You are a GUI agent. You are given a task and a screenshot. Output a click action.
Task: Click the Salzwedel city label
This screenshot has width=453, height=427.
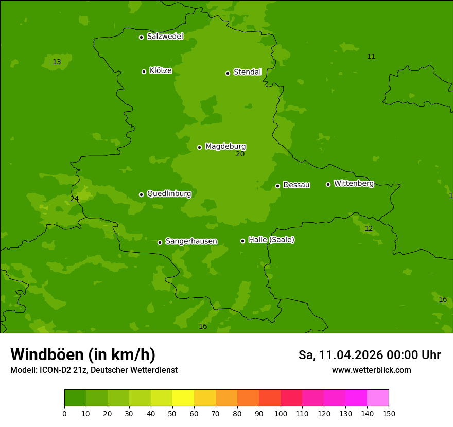point(165,37)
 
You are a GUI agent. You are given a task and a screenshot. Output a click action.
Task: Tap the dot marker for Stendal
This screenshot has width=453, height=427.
point(228,73)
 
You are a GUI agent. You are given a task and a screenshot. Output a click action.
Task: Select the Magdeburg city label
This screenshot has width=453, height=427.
point(225,147)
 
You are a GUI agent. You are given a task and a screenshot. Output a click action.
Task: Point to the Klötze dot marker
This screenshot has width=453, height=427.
point(144,72)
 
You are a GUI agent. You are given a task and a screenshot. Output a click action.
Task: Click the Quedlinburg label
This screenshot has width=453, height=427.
point(169,194)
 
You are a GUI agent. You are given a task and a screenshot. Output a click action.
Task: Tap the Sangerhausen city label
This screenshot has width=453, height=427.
point(191,241)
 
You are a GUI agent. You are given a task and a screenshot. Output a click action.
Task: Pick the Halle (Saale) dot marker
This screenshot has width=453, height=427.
point(242,241)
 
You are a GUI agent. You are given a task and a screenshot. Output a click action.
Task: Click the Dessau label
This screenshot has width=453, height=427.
point(297,185)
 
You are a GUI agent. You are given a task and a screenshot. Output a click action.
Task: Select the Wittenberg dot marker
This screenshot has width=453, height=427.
point(328,184)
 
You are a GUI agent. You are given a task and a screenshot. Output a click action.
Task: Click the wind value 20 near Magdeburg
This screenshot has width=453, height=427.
point(240,154)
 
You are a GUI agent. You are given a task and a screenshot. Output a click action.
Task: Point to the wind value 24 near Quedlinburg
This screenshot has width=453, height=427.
point(75,199)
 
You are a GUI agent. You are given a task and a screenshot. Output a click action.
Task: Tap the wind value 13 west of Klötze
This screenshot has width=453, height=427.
point(57,62)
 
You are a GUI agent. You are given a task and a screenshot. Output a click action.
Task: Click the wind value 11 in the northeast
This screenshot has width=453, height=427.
point(371,57)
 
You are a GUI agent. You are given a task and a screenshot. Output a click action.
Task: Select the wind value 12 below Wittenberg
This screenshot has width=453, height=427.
point(369,229)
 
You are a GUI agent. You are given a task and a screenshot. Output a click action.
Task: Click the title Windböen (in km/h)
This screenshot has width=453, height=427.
point(83,354)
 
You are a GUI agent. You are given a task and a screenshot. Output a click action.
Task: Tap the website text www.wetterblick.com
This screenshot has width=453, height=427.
point(371,370)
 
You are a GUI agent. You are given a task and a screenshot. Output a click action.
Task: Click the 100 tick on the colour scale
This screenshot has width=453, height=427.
point(281,413)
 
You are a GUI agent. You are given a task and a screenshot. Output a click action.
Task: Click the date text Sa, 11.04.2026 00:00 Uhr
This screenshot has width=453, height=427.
point(369,355)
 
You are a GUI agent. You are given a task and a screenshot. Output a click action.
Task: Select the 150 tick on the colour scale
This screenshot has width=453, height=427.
point(389,413)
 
